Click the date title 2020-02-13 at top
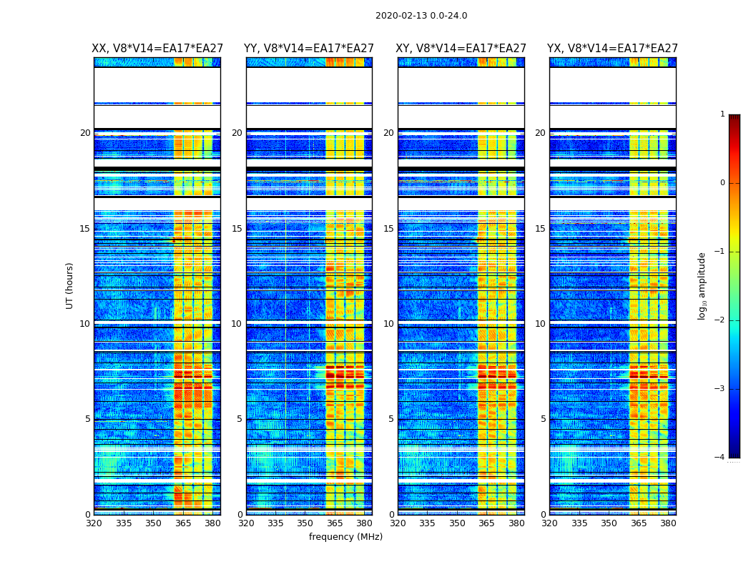pos(421,16)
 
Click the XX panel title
pos(157,49)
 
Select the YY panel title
pos(309,49)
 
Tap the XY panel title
pos(461,49)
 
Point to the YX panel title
pos(612,49)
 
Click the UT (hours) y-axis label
pos(70,285)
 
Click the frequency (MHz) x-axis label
pos(345,537)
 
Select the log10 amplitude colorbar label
pos(702,285)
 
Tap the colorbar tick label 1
pos(722,114)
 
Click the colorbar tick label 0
pos(722,183)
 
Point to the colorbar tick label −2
pos(720,320)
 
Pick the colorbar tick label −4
pos(720,458)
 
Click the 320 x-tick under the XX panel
pos(94,523)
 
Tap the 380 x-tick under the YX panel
pos(668,523)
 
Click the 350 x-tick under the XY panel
pos(457,523)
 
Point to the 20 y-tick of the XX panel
pos(85,133)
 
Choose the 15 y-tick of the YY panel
pos(237,229)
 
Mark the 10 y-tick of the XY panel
pos(388,324)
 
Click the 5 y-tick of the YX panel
pos(543,419)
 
